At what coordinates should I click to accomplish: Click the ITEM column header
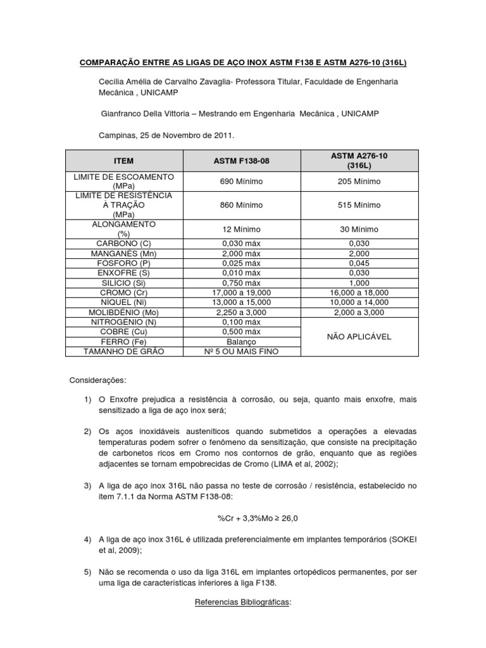point(124,161)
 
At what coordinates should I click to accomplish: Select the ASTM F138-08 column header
point(242,161)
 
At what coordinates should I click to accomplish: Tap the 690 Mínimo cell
point(242,182)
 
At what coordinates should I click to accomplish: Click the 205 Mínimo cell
point(359,182)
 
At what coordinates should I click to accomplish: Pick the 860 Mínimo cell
point(242,205)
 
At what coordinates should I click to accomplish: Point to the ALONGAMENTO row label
point(124,228)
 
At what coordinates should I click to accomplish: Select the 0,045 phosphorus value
point(359,263)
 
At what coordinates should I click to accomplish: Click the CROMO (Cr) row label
point(124,292)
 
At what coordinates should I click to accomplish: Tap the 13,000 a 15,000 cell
point(242,302)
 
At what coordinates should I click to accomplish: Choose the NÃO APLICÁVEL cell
point(359,337)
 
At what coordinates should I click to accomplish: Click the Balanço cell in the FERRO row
point(242,342)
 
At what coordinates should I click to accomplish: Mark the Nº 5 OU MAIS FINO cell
point(242,352)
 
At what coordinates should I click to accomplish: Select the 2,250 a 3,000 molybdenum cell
point(242,312)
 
